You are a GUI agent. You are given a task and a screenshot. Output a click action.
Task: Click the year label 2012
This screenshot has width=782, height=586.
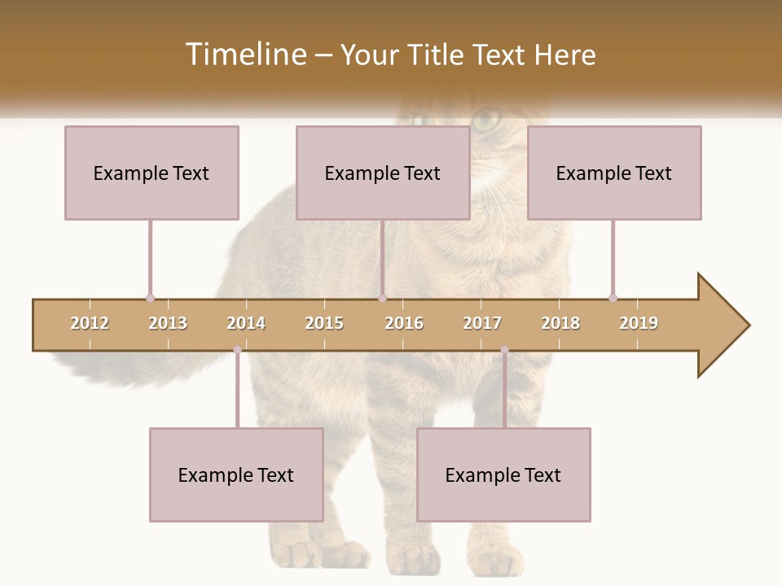[x=90, y=323]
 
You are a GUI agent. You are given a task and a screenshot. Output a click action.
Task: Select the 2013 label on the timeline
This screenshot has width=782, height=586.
[x=168, y=323]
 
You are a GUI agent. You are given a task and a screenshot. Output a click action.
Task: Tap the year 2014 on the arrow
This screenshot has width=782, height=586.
[x=246, y=323]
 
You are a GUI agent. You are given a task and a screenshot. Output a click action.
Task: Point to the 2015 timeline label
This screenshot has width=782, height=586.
[x=324, y=323]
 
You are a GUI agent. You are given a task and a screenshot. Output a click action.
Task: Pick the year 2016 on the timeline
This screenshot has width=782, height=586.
[x=404, y=323]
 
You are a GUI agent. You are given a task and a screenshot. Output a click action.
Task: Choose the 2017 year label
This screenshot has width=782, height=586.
[x=482, y=323]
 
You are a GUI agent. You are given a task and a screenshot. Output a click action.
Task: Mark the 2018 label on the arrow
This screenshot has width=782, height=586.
[x=560, y=323]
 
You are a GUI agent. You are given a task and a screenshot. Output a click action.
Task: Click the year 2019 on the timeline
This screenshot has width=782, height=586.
[x=639, y=323]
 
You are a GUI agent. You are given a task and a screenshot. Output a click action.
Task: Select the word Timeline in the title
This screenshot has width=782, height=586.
[x=244, y=55]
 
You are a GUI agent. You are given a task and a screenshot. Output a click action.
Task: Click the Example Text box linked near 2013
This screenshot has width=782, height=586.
[x=152, y=173]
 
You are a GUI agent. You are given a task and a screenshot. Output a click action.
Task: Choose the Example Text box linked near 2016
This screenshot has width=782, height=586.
[x=383, y=173]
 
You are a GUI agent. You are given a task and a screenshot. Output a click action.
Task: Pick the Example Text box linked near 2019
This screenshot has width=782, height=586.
[x=614, y=173]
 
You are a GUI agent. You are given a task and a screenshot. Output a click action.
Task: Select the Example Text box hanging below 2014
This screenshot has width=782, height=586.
[x=236, y=474]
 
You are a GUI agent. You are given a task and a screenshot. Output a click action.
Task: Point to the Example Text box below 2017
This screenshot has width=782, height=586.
[x=503, y=474]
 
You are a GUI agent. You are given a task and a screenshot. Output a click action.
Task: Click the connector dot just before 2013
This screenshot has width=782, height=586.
[x=150, y=298]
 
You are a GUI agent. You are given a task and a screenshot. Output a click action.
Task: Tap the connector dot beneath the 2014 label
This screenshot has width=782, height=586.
[x=237, y=350]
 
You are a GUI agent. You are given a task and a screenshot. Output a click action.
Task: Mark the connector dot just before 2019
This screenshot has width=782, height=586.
[x=613, y=298]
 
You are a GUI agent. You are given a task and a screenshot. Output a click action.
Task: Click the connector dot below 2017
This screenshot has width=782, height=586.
[x=504, y=350]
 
